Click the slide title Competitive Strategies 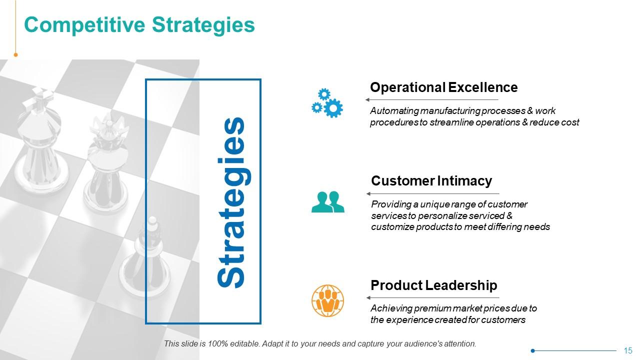click(x=139, y=24)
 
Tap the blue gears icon click(x=327, y=103)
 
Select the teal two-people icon click(x=327, y=202)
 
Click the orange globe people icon click(x=327, y=301)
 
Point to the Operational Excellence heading click(x=443, y=87)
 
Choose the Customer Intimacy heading click(x=431, y=180)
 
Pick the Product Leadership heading click(x=433, y=285)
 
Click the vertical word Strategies click(x=231, y=202)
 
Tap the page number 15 click(x=628, y=350)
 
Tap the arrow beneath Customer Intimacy click(x=432, y=193)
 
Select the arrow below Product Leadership click(x=432, y=298)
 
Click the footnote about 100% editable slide click(x=320, y=344)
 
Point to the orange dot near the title click(x=15, y=55)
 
